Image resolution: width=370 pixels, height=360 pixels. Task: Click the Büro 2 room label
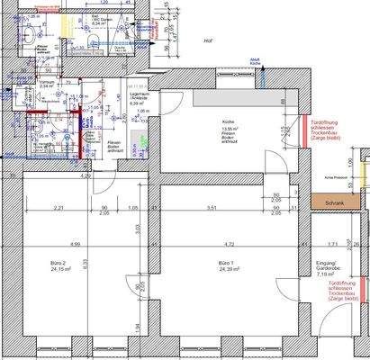[x=60, y=262]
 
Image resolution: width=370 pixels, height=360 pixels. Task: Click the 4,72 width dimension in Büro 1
[x=229, y=244]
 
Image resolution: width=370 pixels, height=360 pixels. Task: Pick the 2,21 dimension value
[x=58, y=209]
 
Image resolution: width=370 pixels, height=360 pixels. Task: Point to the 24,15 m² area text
[x=60, y=269]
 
